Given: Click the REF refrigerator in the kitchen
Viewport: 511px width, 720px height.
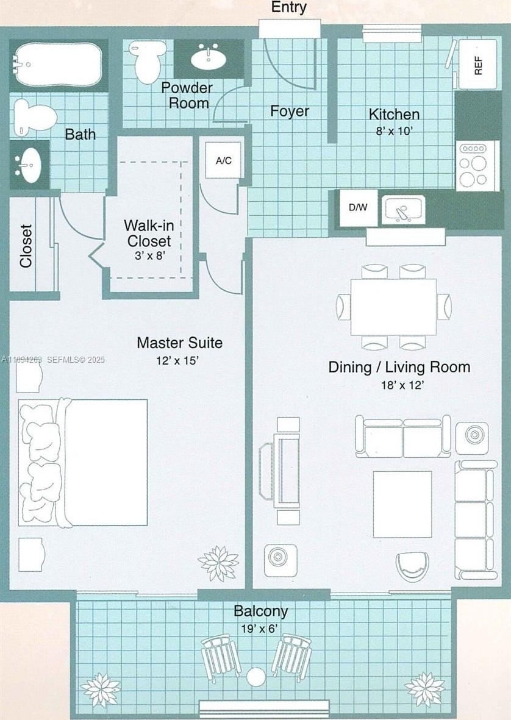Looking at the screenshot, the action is [x=478, y=64].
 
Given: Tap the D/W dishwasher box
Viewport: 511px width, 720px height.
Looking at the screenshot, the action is [x=359, y=207].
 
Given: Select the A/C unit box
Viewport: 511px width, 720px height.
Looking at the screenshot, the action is [x=224, y=160].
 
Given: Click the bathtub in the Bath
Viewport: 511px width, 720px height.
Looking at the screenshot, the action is [x=56, y=64].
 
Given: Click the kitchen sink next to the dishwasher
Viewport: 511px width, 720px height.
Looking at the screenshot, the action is [x=403, y=210].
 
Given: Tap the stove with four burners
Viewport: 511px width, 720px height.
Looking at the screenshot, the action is [x=477, y=165].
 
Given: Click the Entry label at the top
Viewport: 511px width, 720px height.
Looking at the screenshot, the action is [x=289, y=7].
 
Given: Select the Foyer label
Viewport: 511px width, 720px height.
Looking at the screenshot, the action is [x=290, y=111].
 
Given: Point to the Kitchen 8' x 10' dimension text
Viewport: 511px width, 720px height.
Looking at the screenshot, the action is [x=395, y=131].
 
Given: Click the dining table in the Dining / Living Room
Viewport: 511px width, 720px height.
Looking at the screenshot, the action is [x=393, y=307].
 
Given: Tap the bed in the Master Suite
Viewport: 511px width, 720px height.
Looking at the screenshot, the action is [x=83, y=462].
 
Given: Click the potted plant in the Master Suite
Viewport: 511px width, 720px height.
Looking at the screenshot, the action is [x=218, y=563].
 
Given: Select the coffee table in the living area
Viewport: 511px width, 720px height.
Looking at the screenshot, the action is [x=402, y=504].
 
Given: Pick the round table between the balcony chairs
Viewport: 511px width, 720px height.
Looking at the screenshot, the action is [x=255, y=677].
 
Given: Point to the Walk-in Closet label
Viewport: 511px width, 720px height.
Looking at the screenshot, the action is [x=149, y=233].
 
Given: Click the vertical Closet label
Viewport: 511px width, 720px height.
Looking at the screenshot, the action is [x=26, y=246].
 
